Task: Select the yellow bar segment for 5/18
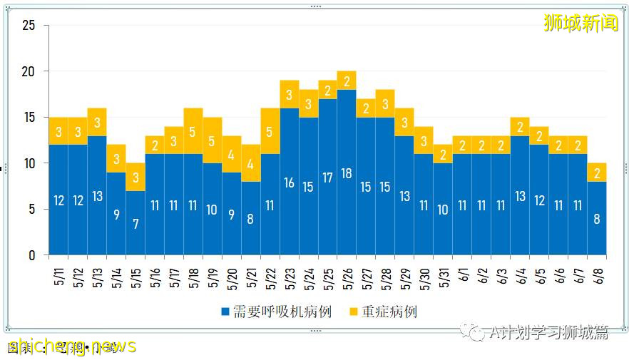(x=193, y=130)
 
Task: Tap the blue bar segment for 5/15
(x=135, y=222)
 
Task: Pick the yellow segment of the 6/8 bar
(x=597, y=172)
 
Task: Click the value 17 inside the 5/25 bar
(x=327, y=178)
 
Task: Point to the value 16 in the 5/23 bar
(x=289, y=182)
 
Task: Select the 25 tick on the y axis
(x=29, y=26)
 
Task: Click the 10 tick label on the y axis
(x=29, y=163)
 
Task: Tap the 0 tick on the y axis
(x=31, y=255)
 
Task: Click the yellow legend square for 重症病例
(x=354, y=312)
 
